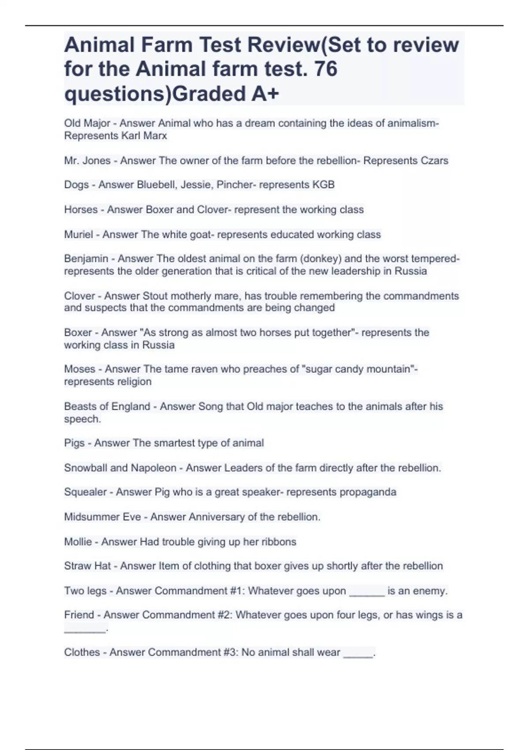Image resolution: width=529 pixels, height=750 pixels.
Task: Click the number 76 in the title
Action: click(325, 69)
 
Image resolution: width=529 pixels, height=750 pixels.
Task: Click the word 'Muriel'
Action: click(78, 234)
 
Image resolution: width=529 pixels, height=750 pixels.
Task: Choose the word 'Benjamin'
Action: click(86, 259)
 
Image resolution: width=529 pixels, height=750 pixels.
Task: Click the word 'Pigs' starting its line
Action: click(74, 443)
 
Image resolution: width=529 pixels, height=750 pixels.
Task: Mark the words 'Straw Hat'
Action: click(87, 566)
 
